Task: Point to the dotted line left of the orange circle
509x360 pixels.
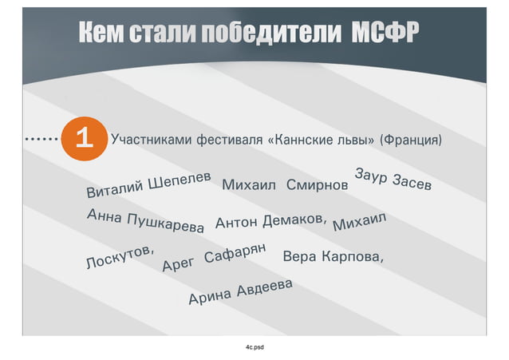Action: tap(41, 140)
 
